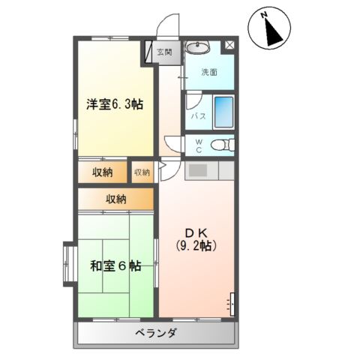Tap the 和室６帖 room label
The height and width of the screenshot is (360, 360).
[115, 265]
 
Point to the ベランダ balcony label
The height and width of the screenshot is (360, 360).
[156, 333]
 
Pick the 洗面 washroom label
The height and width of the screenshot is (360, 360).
[209, 72]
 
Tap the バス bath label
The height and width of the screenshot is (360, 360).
[198, 116]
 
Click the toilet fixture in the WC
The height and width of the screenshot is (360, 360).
[221, 145]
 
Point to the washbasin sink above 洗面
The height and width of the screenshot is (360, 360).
[198, 49]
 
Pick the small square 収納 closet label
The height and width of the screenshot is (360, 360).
[142, 172]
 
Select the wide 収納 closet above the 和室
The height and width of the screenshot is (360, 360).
[115, 199]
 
